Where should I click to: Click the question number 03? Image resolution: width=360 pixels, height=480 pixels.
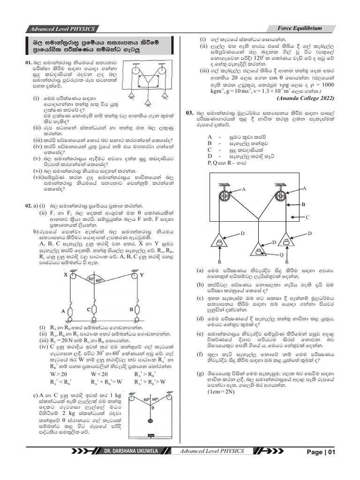point(189,113)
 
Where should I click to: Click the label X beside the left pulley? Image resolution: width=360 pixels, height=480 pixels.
point(65,275)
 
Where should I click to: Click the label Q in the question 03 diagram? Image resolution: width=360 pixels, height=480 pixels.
point(281,255)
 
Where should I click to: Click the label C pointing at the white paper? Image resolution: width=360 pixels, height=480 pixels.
point(307,218)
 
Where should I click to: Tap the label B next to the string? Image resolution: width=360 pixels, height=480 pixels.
point(303,205)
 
